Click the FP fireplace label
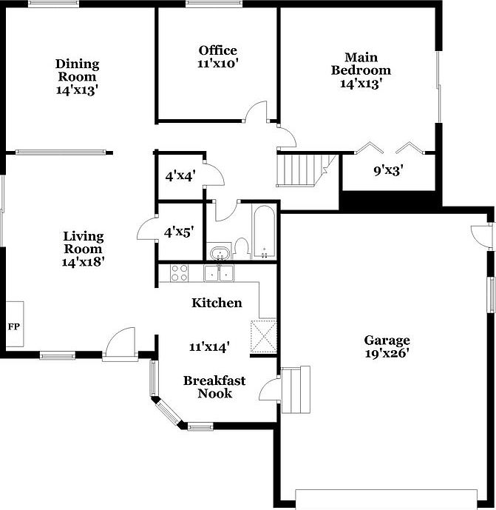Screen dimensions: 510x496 coord(13,326)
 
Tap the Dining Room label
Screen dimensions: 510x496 coord(78,70)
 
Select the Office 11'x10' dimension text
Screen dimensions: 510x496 coord(217,64)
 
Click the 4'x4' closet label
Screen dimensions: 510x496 coord(179,176)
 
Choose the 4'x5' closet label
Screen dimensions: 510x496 coord(179,232)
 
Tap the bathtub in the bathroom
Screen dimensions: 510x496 coord(264,232)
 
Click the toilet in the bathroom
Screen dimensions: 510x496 coord(240,249)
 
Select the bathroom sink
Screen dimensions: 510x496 coord(218,255)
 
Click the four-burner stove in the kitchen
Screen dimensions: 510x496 coord(180,272)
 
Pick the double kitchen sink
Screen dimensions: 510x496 coord(219,273)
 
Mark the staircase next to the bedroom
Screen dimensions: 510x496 coord(303,170)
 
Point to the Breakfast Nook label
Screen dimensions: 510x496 coord(214,386)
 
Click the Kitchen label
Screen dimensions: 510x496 coord(217,303)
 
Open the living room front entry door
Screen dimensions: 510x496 coord(120,345)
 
